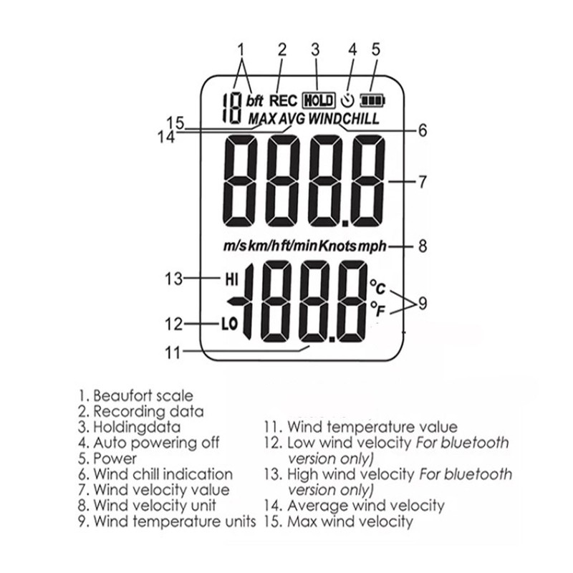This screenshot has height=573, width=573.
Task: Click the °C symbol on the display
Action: [377, 288]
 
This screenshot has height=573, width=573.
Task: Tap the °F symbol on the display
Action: [377, 309]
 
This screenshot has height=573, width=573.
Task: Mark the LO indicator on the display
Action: [228, 324]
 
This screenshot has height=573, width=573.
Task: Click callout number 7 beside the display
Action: [423, 182]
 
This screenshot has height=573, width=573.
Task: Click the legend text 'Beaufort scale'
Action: [143, 395]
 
